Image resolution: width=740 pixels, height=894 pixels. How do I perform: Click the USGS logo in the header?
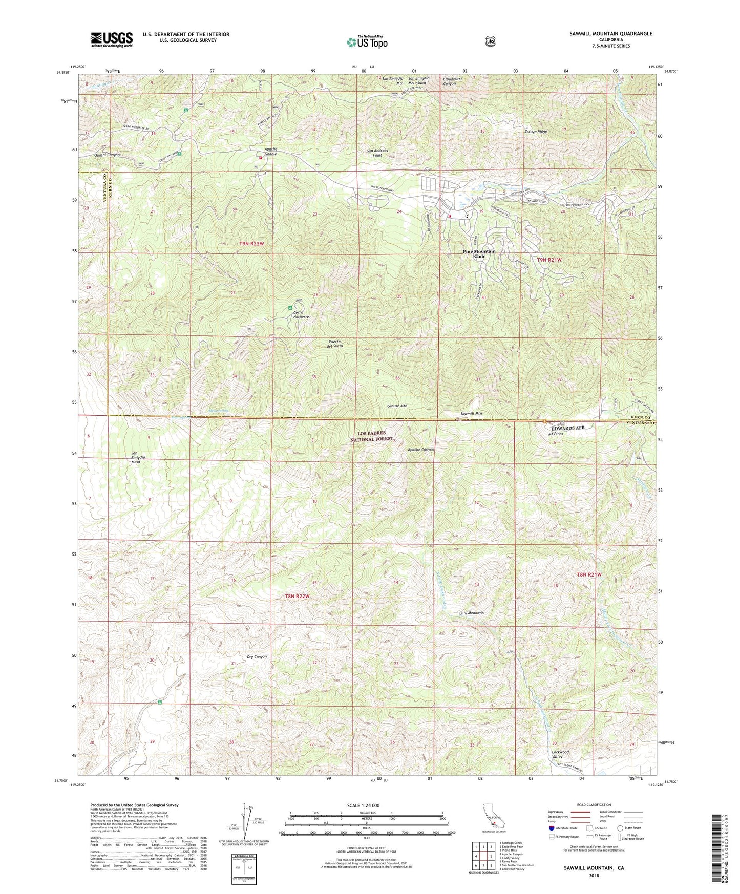[x=112, y=39]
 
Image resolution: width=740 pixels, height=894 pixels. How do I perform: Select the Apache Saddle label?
[x=270, y=151]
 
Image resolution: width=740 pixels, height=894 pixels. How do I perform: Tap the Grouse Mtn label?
[x=397, y=406]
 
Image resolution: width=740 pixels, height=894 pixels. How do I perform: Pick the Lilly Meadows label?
[x=471, y=613]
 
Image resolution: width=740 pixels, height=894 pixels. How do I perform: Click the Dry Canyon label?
[x=257, y=657]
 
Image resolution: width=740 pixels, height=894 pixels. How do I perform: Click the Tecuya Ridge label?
[x=536, y=132]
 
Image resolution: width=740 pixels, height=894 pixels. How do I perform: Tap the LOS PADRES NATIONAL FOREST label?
[x=373, y=436]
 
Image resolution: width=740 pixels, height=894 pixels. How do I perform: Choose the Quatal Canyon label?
[x=107, y=155]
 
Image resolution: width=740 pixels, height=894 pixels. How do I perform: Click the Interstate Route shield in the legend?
[x=551, y=828]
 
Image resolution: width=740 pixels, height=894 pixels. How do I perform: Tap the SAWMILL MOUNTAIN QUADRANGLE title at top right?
[x=610, y=33]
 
